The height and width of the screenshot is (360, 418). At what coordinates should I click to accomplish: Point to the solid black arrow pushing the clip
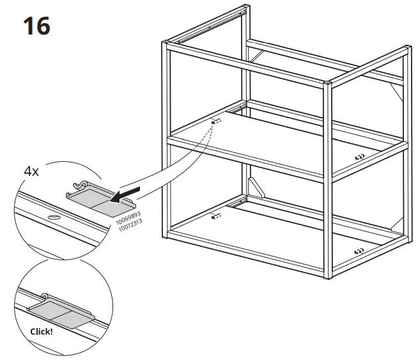pyautogui.click(x=129, y=192)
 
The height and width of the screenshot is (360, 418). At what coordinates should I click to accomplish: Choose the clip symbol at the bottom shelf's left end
pyautogui.click(x=215, y=216)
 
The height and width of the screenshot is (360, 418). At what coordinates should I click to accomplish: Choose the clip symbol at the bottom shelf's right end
pyautogui.click(x=360, y=251)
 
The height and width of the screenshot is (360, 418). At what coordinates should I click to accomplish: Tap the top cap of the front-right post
pyautogui.click(x=328, y=84)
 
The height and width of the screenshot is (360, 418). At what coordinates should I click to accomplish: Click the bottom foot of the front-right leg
pyautogui.click(x=329, y=278)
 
